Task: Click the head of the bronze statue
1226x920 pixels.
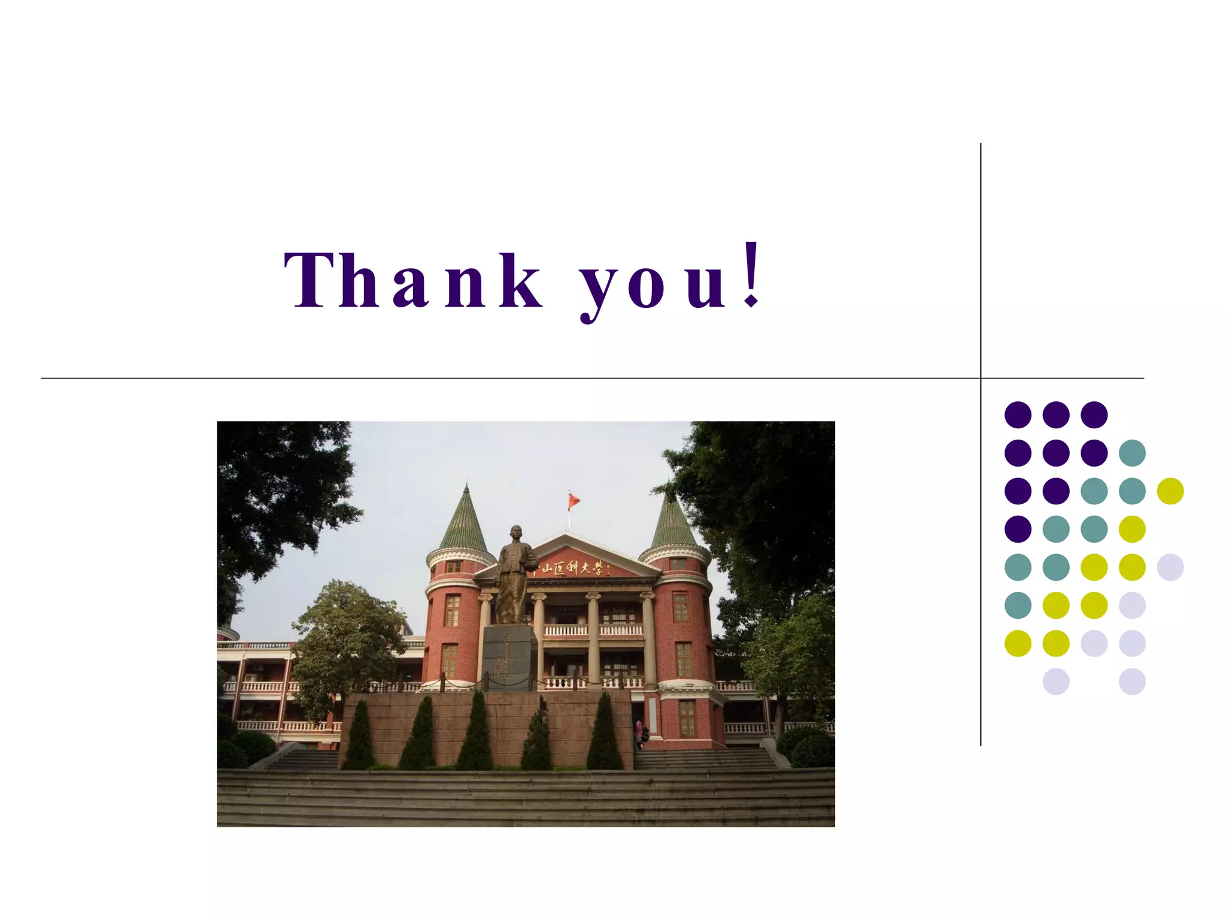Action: pyautogui.click(x=515, y=534)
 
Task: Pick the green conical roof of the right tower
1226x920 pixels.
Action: pyautogui.click(x=673, y=524)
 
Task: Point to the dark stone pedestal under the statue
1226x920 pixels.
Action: pyautogui.click(x=508, y=658)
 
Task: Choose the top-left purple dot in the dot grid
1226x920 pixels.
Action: pyautogui.click(x=1018, y=414)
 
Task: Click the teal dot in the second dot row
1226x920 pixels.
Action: pyautogui.click(x=1132, y=453)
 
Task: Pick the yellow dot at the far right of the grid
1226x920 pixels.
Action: pyautogui.click(x=1170, y=491)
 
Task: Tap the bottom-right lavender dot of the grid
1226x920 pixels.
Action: pyautogui.click(x=1132, y=682)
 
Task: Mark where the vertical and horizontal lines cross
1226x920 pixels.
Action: pyautogui.click(x=981, y=378)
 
